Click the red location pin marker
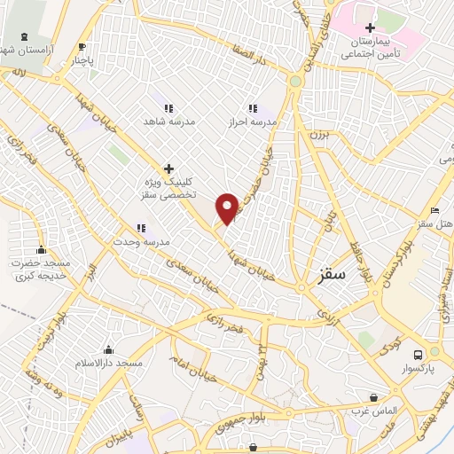pyautogui.click(x=228, y=207)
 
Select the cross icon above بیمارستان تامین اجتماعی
pyautogui.click(x=370, y=27)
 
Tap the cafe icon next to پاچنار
pyautogui.click(x=82, y=47)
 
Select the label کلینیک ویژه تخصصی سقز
pyautogui.click(x=168, y=186)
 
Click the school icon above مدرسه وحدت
pyautogui.click(x=140, y=228)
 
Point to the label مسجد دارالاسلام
pyautogui.click(x=109, y=364)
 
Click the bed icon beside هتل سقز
pyautogui.click(x=433, y=209)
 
